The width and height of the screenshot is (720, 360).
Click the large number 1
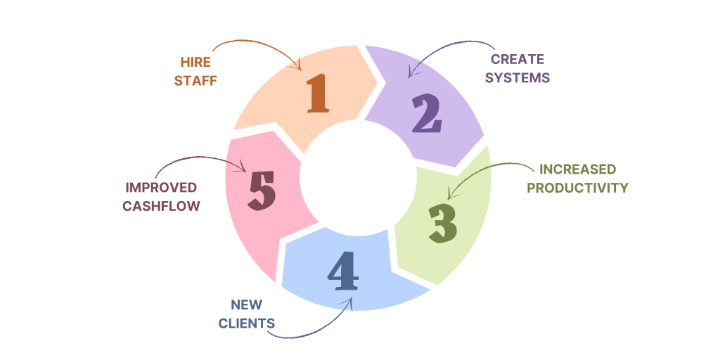coord(319,94)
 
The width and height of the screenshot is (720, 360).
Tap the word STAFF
coord(195,80)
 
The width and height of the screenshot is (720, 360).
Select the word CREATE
coord(517,59)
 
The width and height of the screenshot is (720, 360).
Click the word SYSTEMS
coord(520,77)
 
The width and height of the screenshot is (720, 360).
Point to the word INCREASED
coord(577,169)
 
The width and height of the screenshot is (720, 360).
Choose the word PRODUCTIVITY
coord(577,188)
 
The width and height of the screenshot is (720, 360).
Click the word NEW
coord(246,304)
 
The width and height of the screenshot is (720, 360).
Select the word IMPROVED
coord(161,188)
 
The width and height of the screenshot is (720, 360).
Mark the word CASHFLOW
coord(161,206)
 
